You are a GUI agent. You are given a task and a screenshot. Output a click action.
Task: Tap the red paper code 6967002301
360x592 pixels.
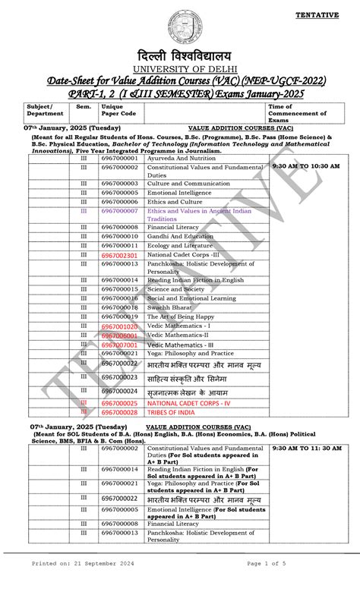(119, 256)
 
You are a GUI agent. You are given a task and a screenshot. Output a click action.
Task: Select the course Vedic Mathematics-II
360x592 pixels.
(182, 335)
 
